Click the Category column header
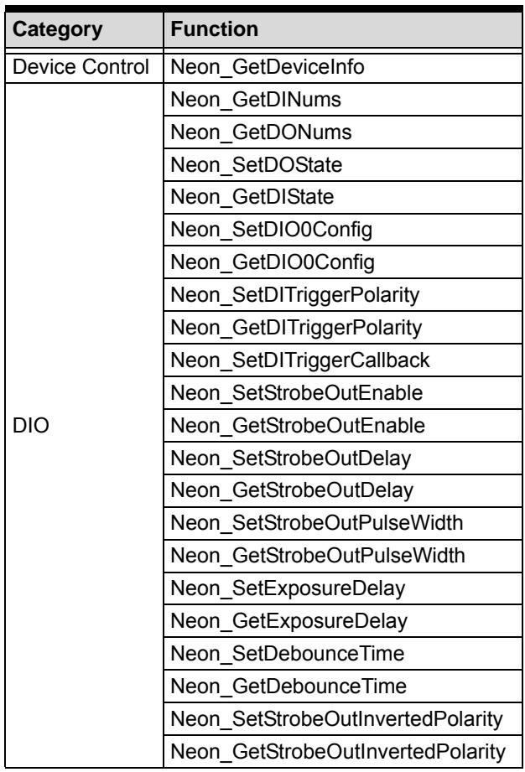point(57,29)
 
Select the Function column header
point(214,29)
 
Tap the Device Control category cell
point(81,67)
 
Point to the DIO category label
point(30,425)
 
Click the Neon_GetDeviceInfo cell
point(268,67)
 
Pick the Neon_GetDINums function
point(256,100)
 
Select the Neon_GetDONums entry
point(261,132)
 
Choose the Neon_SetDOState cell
point(256,165)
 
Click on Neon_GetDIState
point(252,198)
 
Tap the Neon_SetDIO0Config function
point(272,231)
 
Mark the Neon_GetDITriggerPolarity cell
point(296,328)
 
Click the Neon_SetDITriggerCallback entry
point(300,360)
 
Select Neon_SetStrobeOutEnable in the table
point(297,393)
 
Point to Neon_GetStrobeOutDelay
point(292,491)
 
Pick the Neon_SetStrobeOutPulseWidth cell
point(317,523)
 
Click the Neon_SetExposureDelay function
point(288,588)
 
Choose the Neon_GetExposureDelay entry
point(288,621)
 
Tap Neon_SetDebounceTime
point(287,654)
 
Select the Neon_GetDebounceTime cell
point(288,687)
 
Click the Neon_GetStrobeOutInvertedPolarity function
point(338,752)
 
